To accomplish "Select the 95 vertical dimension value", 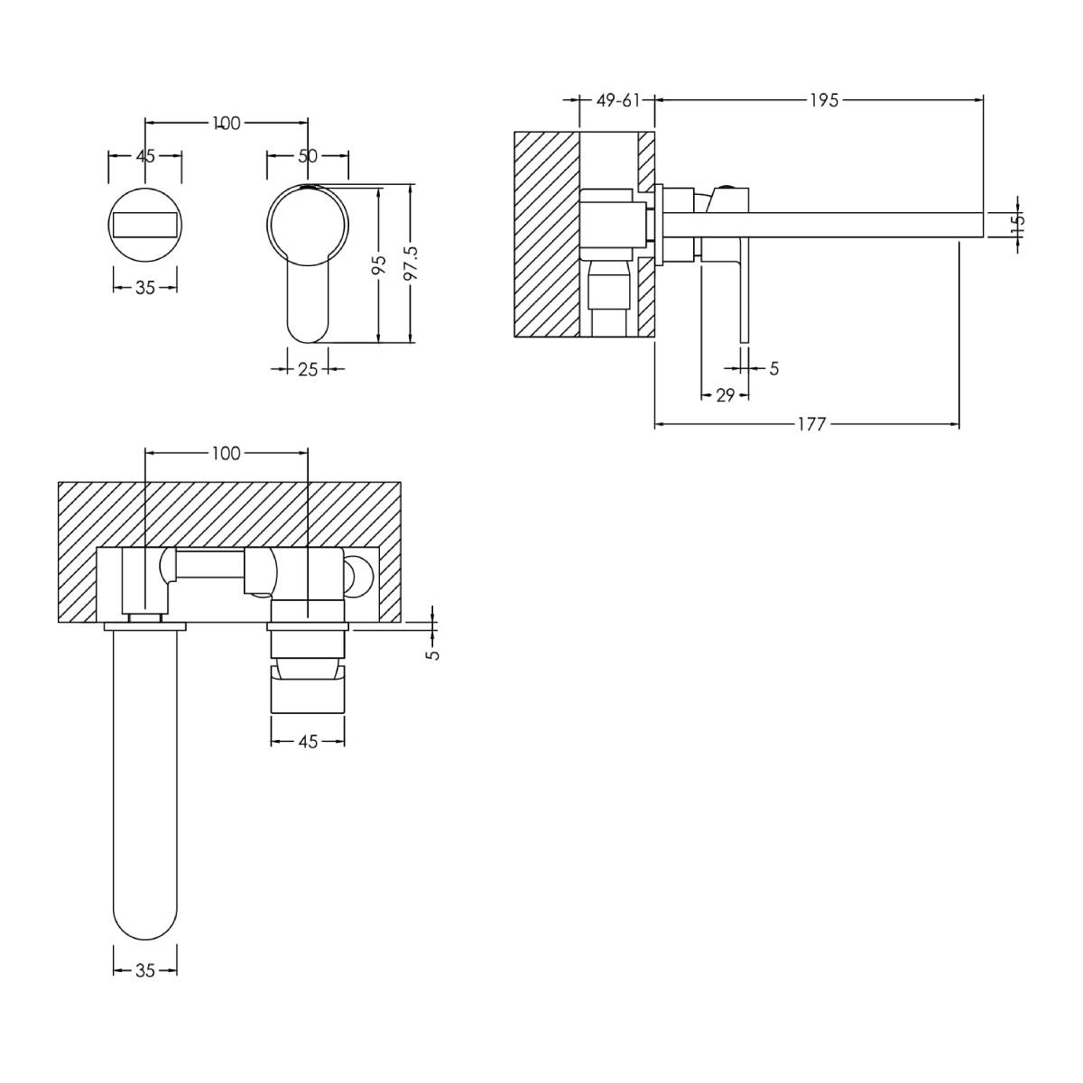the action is (x=381, y=264).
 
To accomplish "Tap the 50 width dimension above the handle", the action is (x=308, y=155).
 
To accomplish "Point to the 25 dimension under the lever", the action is (x=308, y=369).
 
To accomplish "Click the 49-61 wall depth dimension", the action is (x=617, y=100).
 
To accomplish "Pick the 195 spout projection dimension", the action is (x=824, y=100).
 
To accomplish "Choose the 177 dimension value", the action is (x=812, y=424).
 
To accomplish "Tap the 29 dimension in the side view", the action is (x=726, y=395).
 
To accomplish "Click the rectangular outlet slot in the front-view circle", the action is (x=145, y=225).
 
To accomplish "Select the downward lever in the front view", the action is (x=308, y=301).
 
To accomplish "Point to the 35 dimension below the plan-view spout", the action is (x=145, y=970).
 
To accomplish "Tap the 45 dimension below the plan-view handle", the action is (x=308, y=742).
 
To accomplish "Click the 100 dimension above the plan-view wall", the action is (x=227, y=453).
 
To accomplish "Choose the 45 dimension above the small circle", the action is (x=145, y=155).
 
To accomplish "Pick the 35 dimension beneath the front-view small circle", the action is (x=145, y=287).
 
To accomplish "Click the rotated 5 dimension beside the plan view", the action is (x=433, y=654).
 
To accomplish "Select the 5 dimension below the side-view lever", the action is (x=773, y=369).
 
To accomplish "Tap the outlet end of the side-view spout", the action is (x=984, y=225).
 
